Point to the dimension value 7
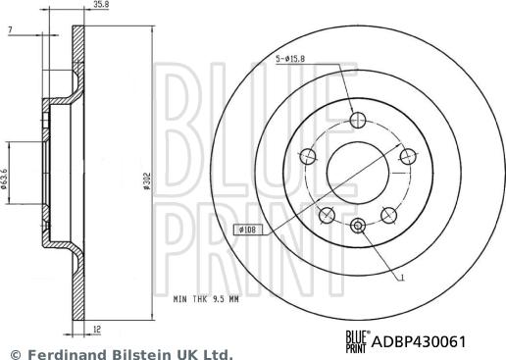9,32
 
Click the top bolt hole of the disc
359,119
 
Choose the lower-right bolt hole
390,212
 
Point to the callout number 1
402,280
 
